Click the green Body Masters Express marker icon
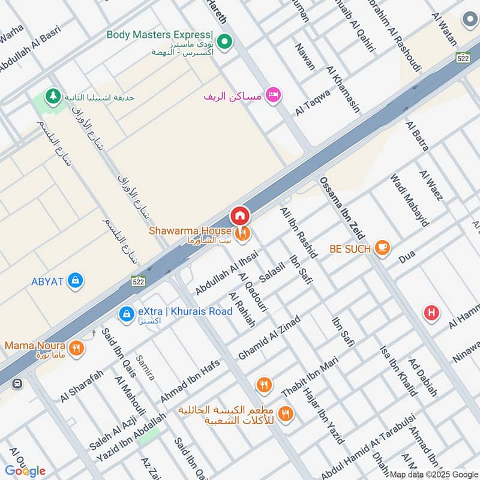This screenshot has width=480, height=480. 224,41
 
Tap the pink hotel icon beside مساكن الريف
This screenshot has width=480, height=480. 273,95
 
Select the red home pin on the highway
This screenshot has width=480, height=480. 239,215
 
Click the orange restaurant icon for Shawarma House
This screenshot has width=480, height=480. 243,234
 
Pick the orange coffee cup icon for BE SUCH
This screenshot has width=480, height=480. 382,247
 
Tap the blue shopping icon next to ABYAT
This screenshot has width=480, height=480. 75,280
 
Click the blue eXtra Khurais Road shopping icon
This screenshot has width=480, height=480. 126,313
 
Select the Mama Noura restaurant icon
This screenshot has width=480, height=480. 76,347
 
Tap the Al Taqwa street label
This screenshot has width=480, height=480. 312,103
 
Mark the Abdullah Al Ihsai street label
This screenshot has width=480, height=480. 226,272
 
